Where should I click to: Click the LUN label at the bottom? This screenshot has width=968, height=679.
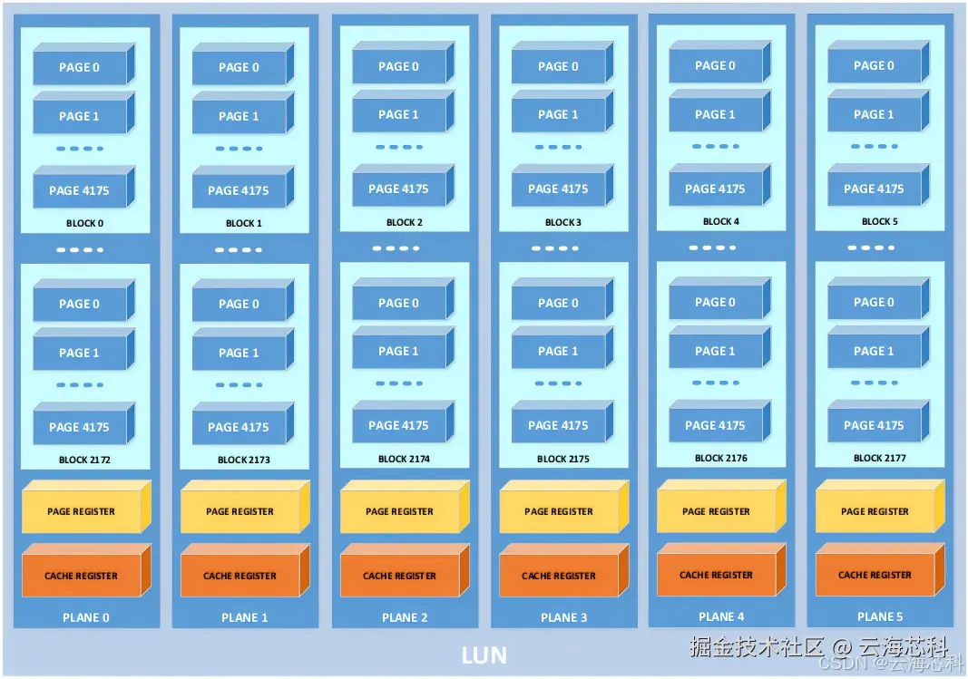pyautogui.click(x=484, y=655)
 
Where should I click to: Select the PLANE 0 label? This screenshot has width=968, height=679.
pyautogui.click(x=86, y=617)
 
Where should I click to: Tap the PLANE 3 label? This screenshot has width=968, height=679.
pyautogui.click(x=563, y=617)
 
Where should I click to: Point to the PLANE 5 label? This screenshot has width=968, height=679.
pyautogui.click(x=880, y=616)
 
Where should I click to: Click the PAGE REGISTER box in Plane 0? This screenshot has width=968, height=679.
pyautogui.click(x=81, y=511)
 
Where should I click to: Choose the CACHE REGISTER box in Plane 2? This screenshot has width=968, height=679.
pyautogui.click(x=399, y=576)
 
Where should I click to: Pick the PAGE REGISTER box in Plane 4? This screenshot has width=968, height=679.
pyautogui.click(x=716, y=511)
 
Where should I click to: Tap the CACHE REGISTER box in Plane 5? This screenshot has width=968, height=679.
pyautogui.click(x=875, y=575)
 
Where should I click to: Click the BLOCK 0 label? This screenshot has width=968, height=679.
pyautogui.click(x=85, y=223)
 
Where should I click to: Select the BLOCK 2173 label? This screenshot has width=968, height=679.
pyautogui.click(x=244, y=460)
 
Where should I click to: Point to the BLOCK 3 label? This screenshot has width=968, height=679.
pyautogui.click(x=563, y=222)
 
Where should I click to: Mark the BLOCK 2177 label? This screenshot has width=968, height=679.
pyautogui.click(x=880, y=458)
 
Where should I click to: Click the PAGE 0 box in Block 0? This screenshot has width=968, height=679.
pyautogui.click(x=79, y=67)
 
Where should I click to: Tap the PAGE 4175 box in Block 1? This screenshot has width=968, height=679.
pyautogui.click(x=238, y=190)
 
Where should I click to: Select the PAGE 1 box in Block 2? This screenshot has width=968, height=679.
pyautogui.click(x=398, y=115)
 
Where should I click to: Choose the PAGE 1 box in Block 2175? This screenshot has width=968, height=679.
pyautogui.click(x=557, y=352)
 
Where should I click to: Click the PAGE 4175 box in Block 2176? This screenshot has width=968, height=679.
pyautogui.click(x=715, y=425)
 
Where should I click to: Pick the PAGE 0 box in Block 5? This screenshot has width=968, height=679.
pyautogui.click(x=873, y=65)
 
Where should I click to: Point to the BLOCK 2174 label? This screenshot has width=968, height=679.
pyautogui.click(x=405, y=459)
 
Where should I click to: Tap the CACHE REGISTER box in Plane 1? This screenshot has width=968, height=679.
pyautogui.click(x=240, y=576)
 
